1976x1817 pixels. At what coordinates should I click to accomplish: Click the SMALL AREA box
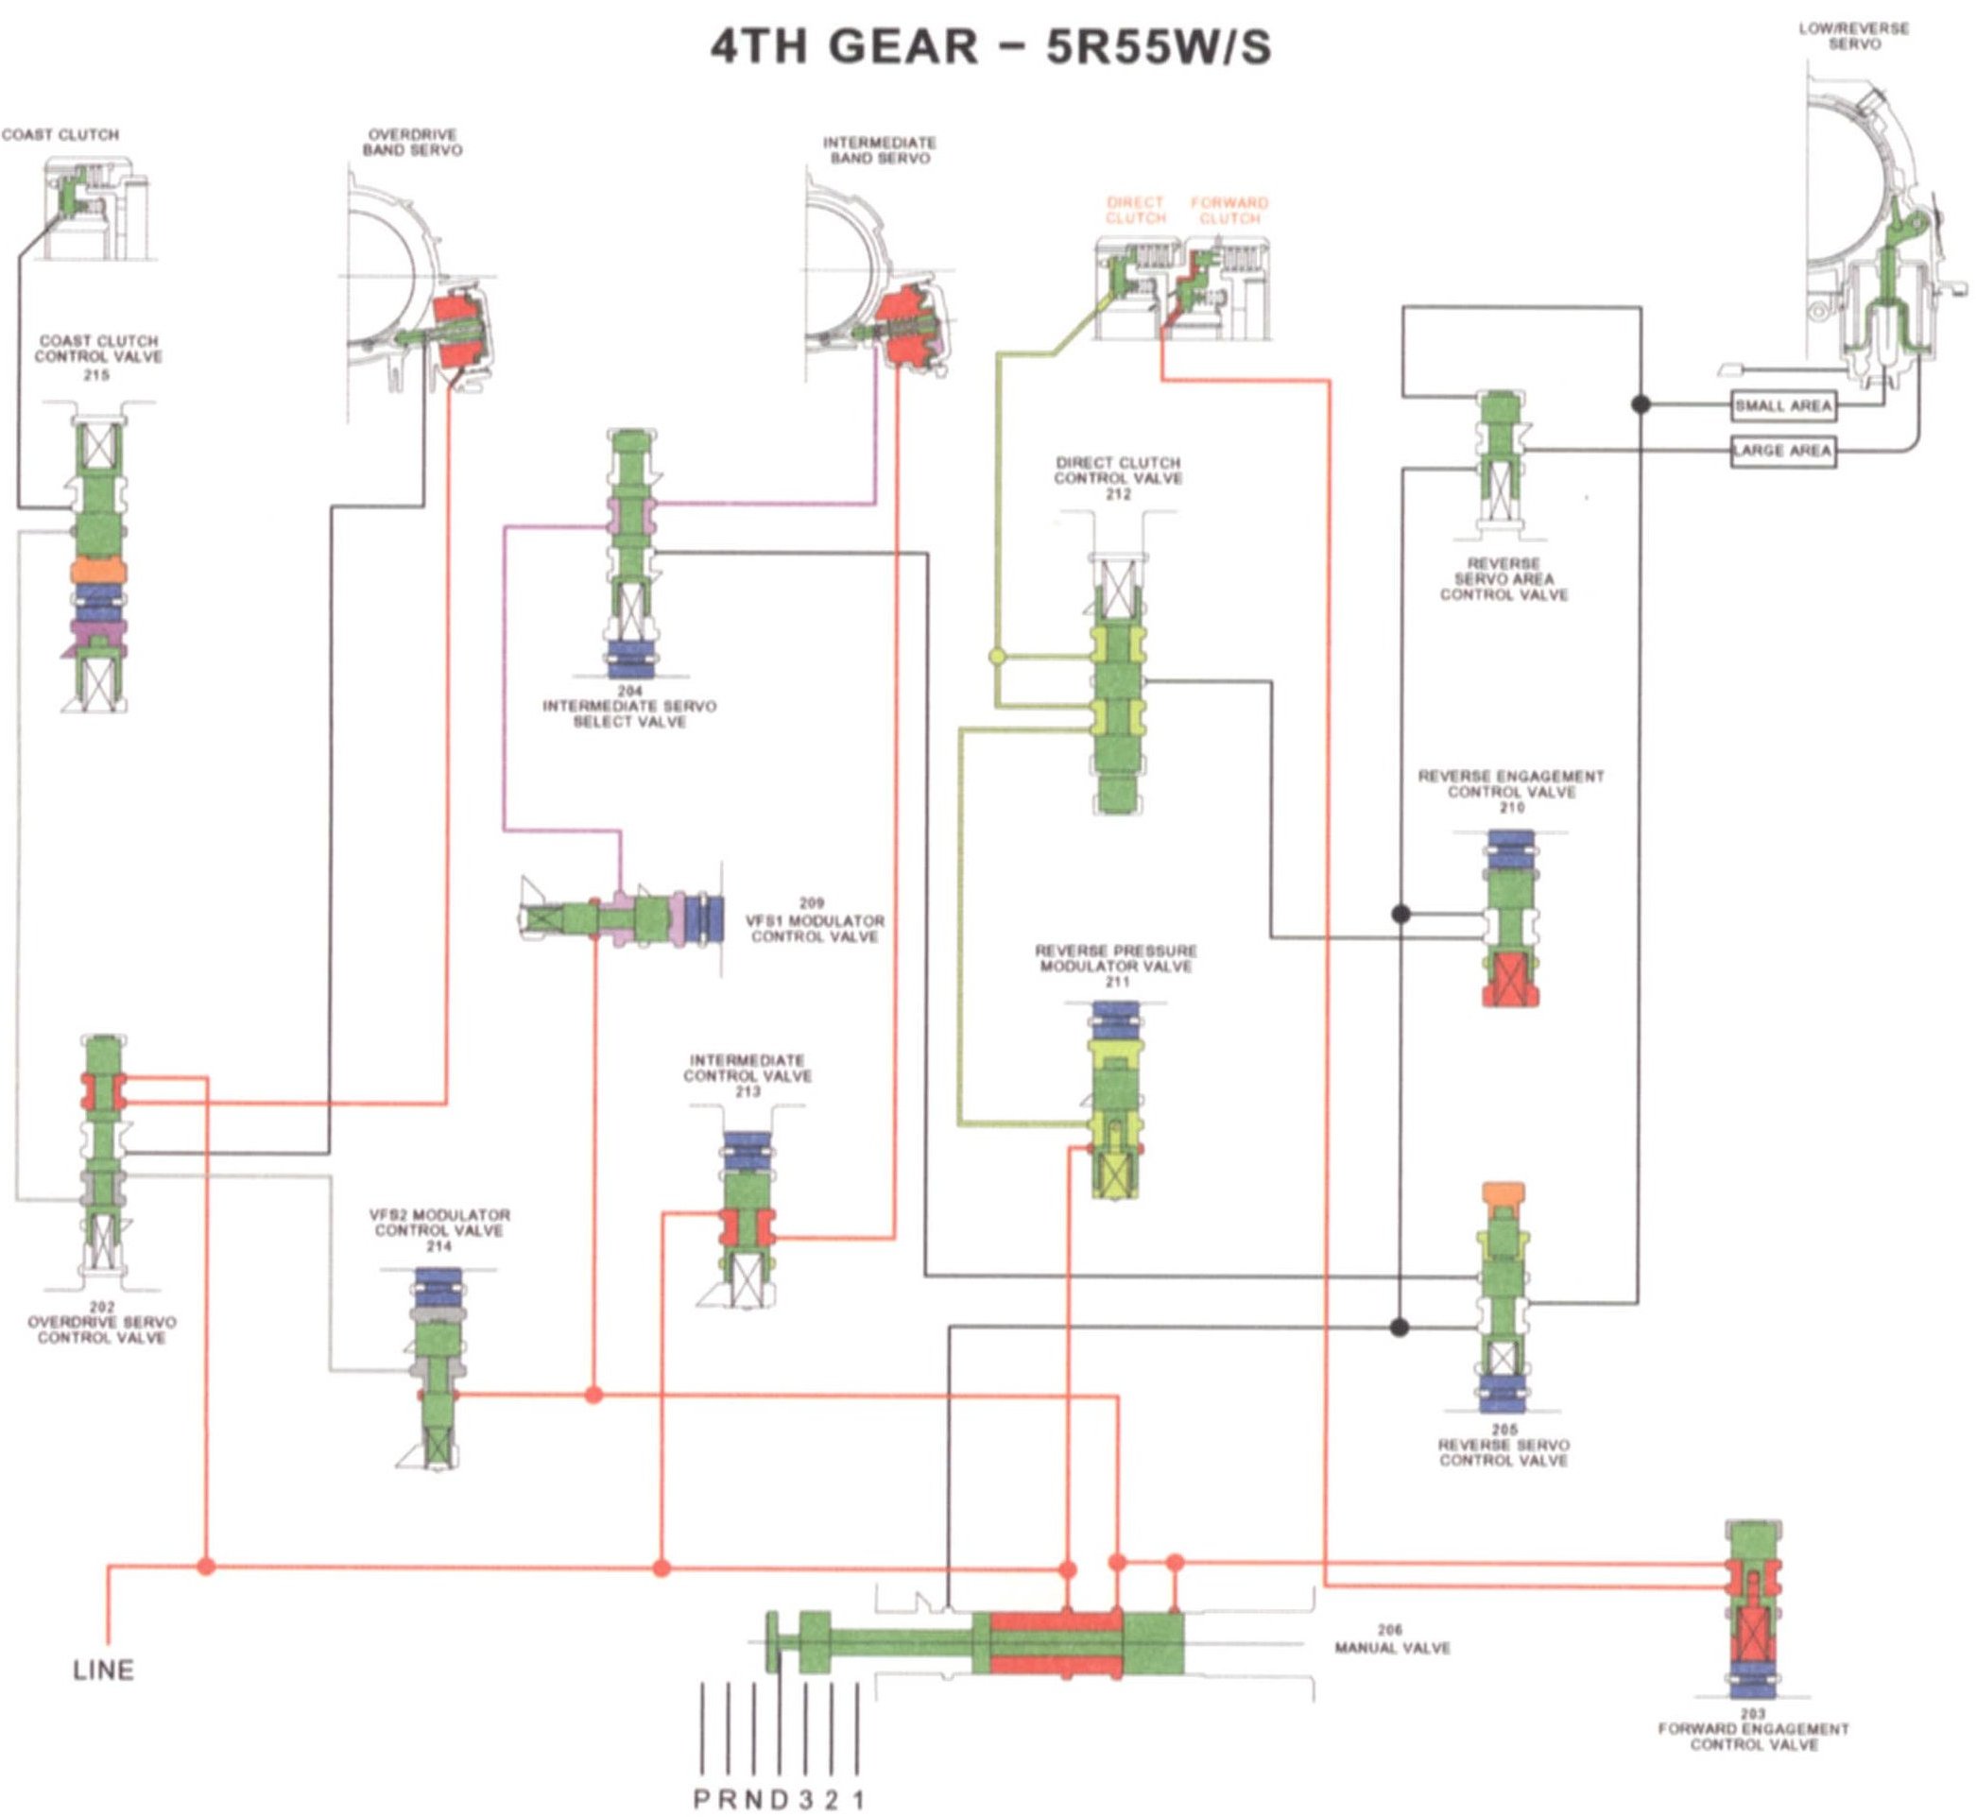pyautogui.click(x=1782, y=405)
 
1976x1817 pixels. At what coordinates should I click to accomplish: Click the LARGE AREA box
pyautogui.click(x=1782, y=452)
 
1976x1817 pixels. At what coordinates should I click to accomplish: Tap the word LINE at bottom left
pyautogui.click(x=103, y=1671)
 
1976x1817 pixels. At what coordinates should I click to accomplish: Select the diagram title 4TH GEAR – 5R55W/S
pyautogui.click(x=990, y=46)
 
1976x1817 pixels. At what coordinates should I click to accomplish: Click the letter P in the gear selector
pyautogui.click(x=702, y=1800)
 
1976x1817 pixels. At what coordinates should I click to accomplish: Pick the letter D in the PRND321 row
pyautogui.click(x=779, y=1800)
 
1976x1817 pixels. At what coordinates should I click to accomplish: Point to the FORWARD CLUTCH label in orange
pyautogui.click(x=1229, y=211)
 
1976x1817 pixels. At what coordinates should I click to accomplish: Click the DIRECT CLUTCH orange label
pyautogui.click(x=1135, y=211)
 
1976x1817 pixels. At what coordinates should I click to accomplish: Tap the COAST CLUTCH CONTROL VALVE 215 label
pyautogui.click(x=98, y=357)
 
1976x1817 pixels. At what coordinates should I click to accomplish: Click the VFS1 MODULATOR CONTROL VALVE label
pyautogui.click(x=815, y=920)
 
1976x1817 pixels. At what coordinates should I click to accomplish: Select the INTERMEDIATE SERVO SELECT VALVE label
pyautogui.click(x=629, y=707)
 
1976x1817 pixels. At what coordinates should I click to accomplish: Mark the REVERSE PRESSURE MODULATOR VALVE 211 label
pyautogui.click(x=1116, y=966)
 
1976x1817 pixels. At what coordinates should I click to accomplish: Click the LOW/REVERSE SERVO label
pyautogui.click(x=1854, y=37)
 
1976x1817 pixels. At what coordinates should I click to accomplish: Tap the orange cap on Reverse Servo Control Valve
pyautogui.click(x=1502, y=1194)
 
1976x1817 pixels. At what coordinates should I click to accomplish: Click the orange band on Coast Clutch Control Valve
pyautogui.click(x=98, y=571)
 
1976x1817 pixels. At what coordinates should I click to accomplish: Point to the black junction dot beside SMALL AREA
pyautogui.click(x=1641, y=404)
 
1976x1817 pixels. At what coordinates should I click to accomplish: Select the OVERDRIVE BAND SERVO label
pyautogui.click(x=412, y=143)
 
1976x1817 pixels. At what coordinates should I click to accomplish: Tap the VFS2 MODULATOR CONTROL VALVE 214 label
pyautogui.click(x=438, y=1230)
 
